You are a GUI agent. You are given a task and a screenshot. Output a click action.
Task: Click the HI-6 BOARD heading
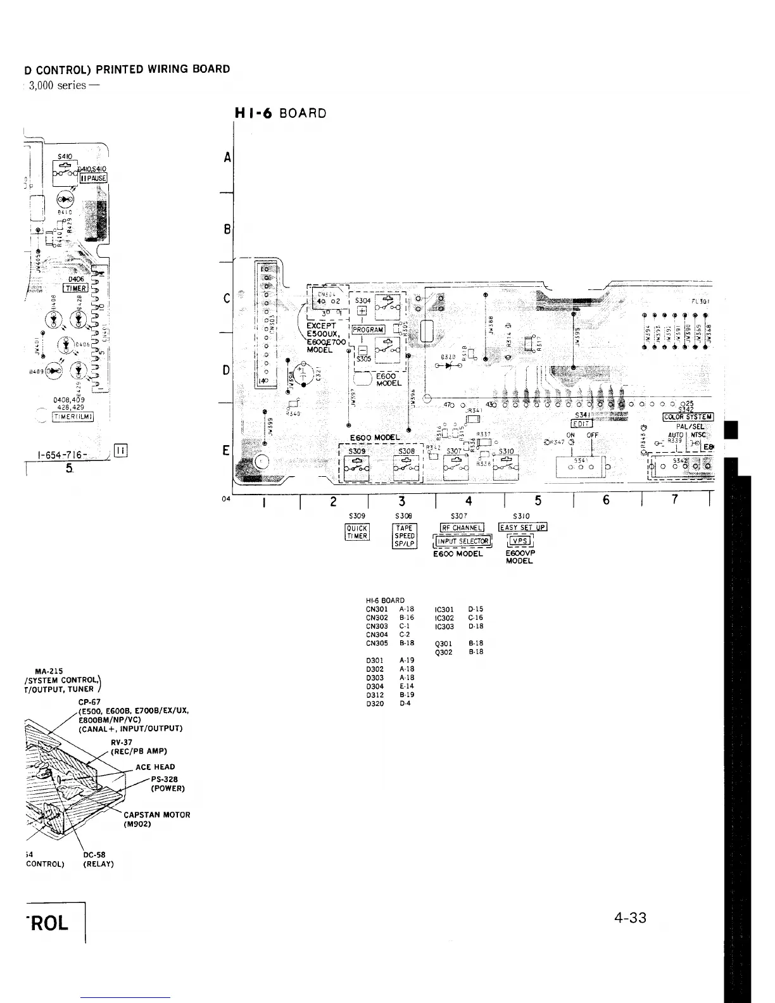(280, 114)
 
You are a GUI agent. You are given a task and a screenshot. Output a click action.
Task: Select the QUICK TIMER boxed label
(356, 533)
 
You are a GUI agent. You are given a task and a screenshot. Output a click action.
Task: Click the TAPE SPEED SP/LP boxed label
(404, 536)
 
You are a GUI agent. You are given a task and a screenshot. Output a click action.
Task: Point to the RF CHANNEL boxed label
(462, 528)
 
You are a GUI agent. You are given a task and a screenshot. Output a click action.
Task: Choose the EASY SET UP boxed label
(522, 527)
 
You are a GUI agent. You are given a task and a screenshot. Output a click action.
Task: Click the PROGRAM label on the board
(367, 330)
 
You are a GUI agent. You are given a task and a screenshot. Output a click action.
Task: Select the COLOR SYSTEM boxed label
(688, 417)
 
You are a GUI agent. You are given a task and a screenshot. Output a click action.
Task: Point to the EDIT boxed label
(581, 424)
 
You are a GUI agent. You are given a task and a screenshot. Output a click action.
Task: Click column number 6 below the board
(606, 500)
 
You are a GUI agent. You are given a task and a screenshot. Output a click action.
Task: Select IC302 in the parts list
(444, 618)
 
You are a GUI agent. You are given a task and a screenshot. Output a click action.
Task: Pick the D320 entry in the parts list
(375, 703)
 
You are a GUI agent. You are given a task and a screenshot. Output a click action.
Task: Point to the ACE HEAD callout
(155, 767)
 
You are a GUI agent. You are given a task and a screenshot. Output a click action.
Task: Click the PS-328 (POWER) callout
(167, 784)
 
